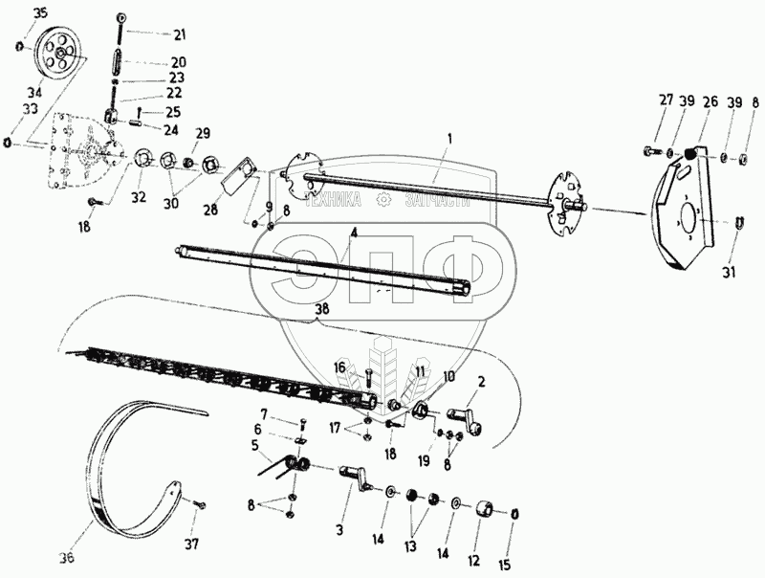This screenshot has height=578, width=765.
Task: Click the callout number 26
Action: point(710,102)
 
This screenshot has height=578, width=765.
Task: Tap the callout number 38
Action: point(321,309)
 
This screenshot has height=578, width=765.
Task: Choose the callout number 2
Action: point(481,382)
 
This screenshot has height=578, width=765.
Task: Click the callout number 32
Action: point(140,197)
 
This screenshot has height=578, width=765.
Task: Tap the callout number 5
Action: point(255,444)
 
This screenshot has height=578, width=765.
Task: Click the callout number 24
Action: point(171,129)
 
